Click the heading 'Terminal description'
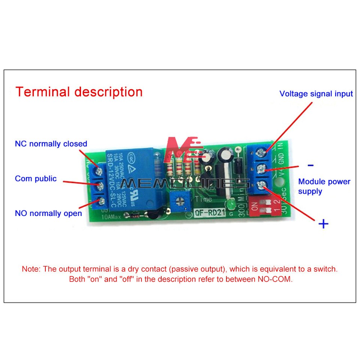tap(79, 92)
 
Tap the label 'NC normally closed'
tap(51, 144)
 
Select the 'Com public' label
tap(36, 178)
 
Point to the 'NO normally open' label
tap(48, 213)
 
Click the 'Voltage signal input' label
tap(316, 94)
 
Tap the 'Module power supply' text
tap(324, 186)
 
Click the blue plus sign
tap(323, 224)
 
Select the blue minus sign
tap(310, 165)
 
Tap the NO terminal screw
tap(100, 203)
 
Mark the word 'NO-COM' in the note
tap(275, 279)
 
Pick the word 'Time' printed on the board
tap(204, 199)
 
